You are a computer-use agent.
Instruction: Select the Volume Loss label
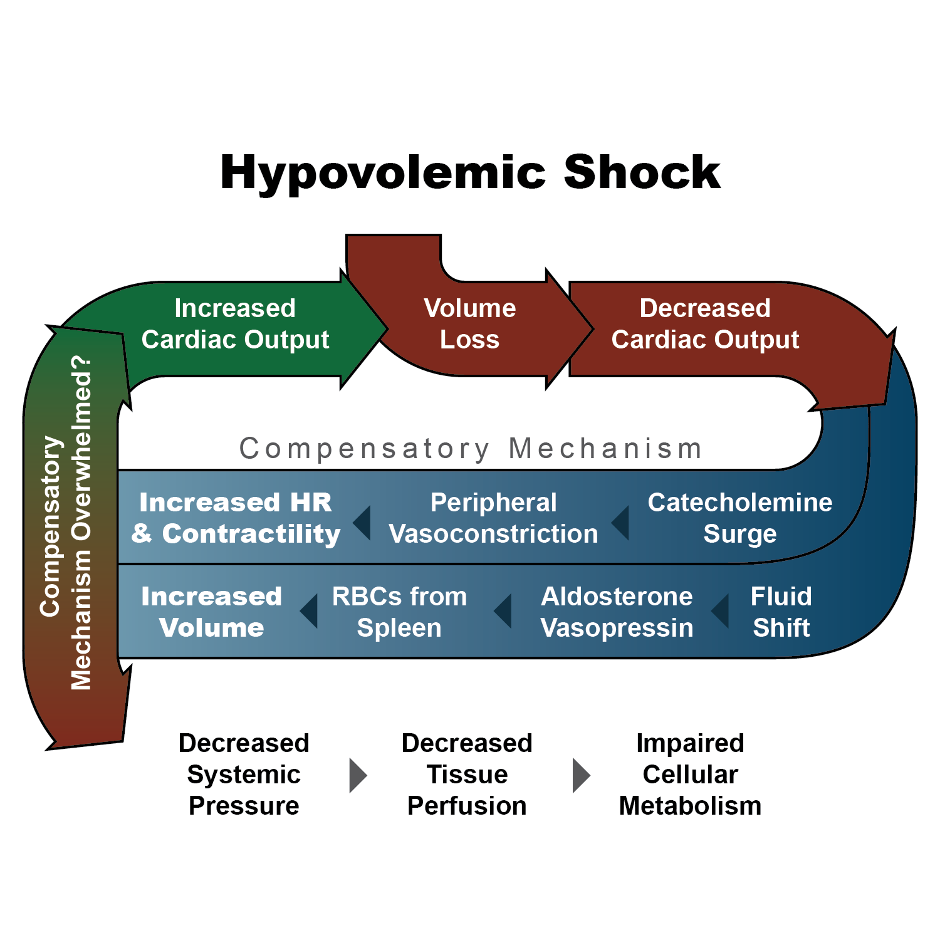[470, 323]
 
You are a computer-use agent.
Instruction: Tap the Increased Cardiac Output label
[235, 323]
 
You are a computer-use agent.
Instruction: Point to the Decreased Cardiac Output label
[705, 323]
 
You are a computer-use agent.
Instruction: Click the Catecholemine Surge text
[740, 518]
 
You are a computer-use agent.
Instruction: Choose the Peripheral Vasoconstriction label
[494, 518]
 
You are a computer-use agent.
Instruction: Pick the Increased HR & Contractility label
[236, 518]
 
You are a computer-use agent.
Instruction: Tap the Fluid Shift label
[781, 612]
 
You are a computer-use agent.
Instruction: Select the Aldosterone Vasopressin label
[617, 612]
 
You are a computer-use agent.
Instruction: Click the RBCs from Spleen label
[400, 612]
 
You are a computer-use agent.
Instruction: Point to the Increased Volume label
[212, 612]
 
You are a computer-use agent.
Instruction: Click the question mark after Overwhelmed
[81, 367]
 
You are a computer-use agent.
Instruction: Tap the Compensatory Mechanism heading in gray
[471, 449]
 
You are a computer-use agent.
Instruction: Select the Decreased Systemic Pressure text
[244, 775]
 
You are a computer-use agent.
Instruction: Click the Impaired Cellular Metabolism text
[690, 775]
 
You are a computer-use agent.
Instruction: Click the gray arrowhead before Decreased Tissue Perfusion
[357, 775]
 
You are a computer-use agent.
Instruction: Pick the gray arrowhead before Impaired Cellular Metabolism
[582, 775]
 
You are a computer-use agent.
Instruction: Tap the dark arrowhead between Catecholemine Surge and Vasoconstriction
[620, 523]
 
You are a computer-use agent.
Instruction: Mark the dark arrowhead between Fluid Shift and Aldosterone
[720, 611]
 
